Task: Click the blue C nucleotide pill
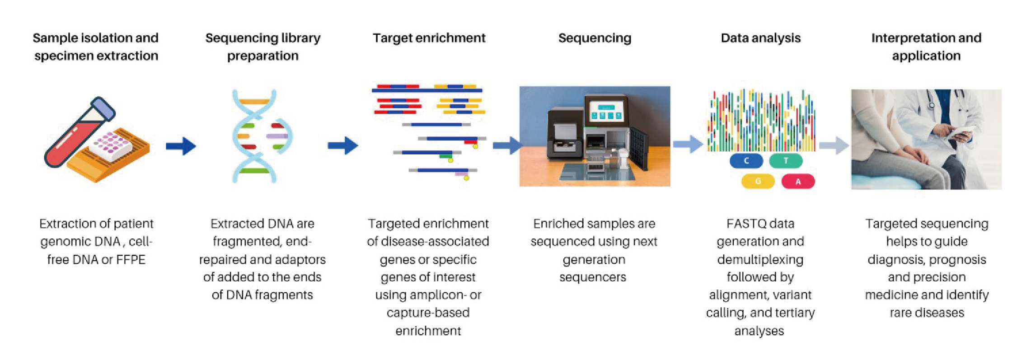pos(746,161)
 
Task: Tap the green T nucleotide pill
pos(786,161)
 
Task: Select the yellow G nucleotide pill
pos(758,182)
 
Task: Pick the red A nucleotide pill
pos(798,182)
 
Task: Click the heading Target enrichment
pos(429,38)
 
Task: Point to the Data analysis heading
pos(760,38)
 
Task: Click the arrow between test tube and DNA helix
pos(181,146)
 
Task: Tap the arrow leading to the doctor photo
pos(834,145)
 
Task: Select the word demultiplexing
pos(760,260)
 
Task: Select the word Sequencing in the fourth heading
pos(595,38)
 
